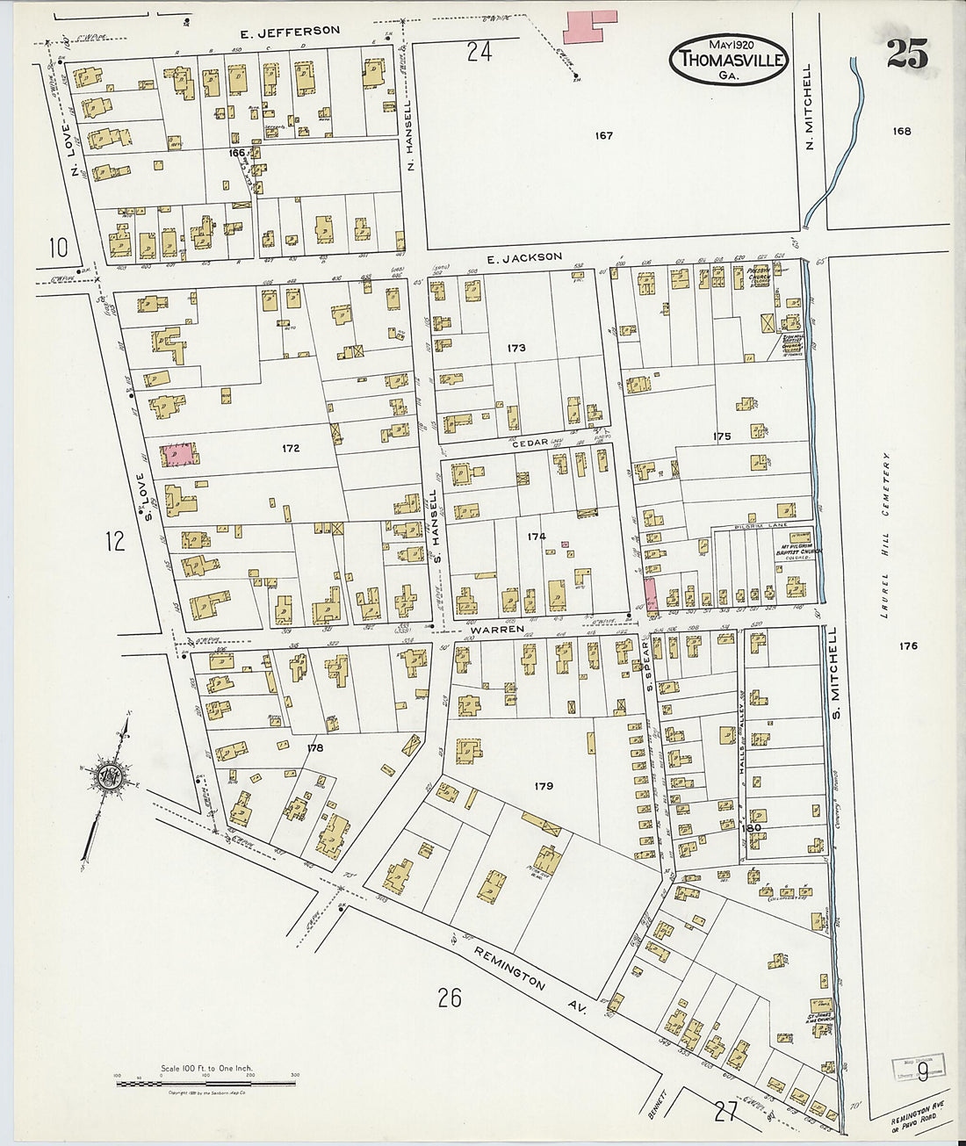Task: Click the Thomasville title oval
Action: click(x=728, y=60)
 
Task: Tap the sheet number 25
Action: click(x=906, y=54)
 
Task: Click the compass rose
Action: click(x=109, y=775)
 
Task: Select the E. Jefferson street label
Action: click(x=290, y=32)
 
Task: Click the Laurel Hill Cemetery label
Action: click(x=887, y=536)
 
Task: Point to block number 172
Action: click(x=291, y=448)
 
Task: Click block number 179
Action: click(x=544, y=786)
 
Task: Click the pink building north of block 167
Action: click(x=589, y=26)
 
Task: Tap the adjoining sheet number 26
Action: click(x=450, y=998)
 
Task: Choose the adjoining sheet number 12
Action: click(x=115, y=541)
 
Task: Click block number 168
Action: click(x=902, y=132)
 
